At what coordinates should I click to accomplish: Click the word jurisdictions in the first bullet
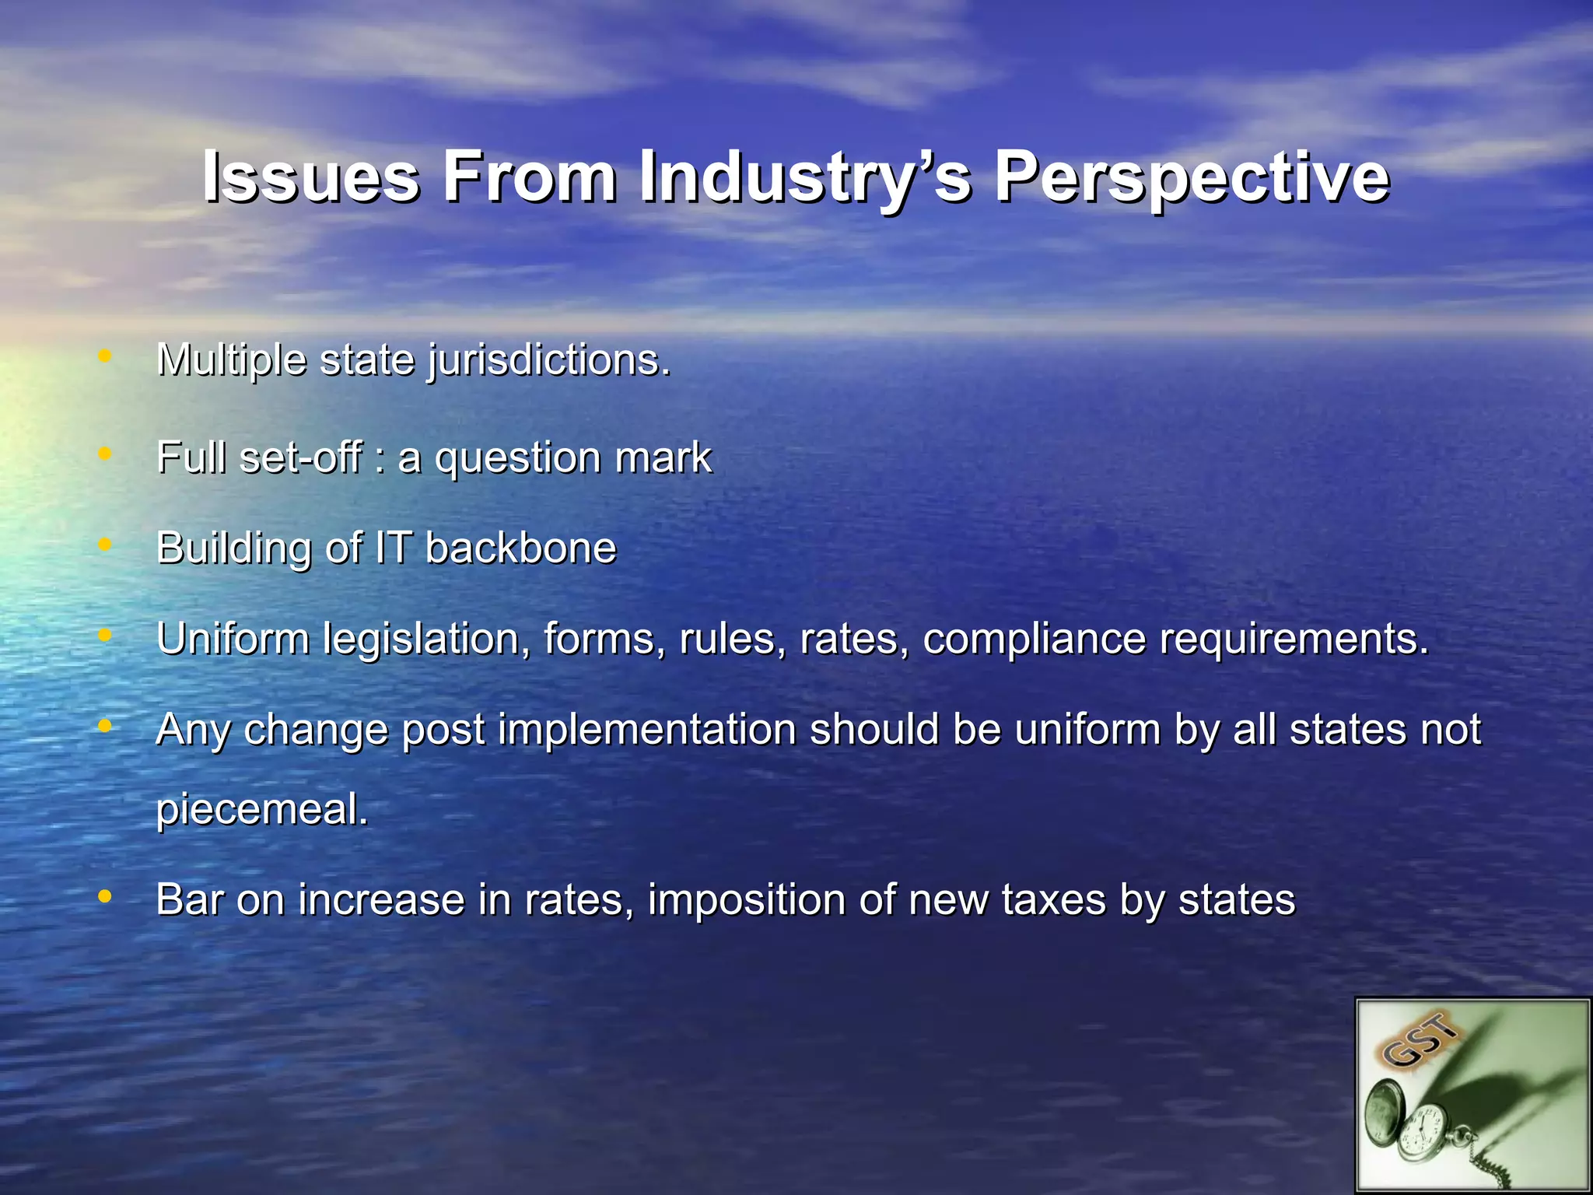click(548, 360)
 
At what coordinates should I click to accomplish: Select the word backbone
click(521, 548)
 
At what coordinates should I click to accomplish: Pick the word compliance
click(1035, 640)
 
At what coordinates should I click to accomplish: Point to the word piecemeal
click(261, 809)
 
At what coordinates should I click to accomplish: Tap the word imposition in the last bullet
click(746, 900)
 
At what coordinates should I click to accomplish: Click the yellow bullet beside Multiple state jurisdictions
click(104, 357)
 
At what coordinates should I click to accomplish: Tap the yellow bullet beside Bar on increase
click(104, 897)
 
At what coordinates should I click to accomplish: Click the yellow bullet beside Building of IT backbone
click(104, 545)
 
